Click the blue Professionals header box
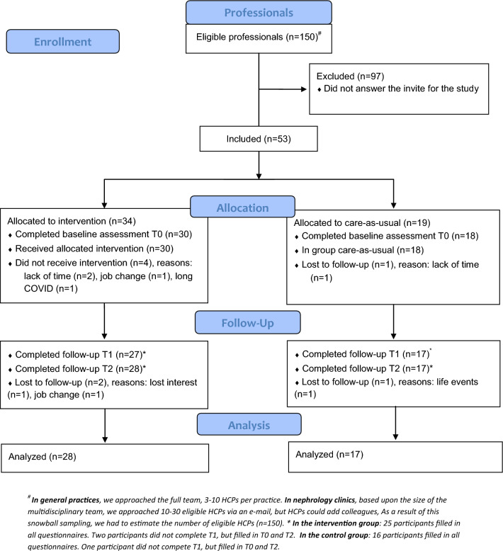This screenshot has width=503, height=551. (x=259, y=13)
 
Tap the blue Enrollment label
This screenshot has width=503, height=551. (x=62, y=42)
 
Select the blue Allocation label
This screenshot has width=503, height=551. (x=242, y=208)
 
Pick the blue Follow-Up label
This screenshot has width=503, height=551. (x=248, y=322)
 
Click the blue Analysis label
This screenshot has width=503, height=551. (x=249, y=425)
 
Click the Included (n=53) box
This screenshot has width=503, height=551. (x=259, y=139)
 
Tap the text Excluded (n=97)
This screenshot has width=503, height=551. (x=350, y=76)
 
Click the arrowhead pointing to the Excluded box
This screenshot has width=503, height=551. (x=304, y=89)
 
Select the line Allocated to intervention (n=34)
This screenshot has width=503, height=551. (x=72, y=221)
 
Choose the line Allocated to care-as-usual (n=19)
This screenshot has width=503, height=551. (x=362, y=223)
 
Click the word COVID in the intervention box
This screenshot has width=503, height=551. (x=39, y=288)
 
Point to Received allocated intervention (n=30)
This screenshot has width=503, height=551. (x=94, y=249)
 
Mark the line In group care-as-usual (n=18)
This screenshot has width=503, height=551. (x=363, y=250)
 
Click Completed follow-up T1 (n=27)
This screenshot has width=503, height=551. (x=79, y=355)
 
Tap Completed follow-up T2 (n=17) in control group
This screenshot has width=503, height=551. (x=366, y=368)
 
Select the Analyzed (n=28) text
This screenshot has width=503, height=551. (x=43, y=457)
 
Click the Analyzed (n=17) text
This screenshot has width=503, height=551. (x=329, y=455)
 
